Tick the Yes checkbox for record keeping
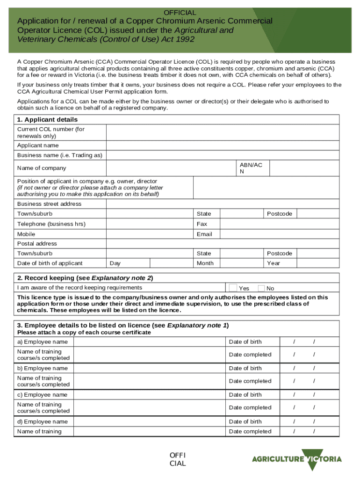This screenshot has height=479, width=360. coord(233,288)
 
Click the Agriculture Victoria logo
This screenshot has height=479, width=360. coord(297,458)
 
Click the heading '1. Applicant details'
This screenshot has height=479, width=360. coord(47,120)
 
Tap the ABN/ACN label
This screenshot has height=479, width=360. coord(251,168)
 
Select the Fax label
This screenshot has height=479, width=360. coord(202,224)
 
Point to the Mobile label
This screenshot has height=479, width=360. coord(26,234)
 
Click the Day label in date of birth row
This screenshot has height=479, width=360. coord(115,263)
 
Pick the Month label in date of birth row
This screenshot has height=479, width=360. coord(205,263)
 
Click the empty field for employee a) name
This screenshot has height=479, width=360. coord(149,342)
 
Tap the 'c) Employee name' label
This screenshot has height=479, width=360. coord(43,395)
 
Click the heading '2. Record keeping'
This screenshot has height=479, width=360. coord(85,278)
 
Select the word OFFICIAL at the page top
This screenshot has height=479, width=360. coord(180,13)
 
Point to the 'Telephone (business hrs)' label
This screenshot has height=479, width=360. coord(51,224)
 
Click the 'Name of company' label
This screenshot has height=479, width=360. coord(42,168)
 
